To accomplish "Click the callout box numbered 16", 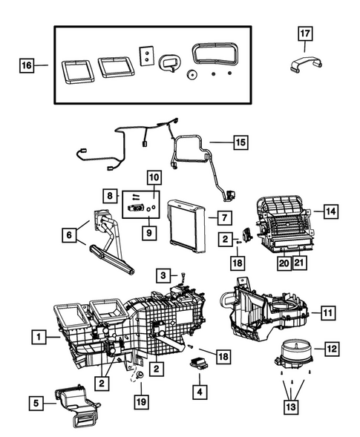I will pos(26,66).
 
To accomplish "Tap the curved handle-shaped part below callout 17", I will pos(304,65).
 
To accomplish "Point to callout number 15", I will pos(240,141).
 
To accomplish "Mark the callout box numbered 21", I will pos(298,262).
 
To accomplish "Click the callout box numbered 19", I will pos(140,403).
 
